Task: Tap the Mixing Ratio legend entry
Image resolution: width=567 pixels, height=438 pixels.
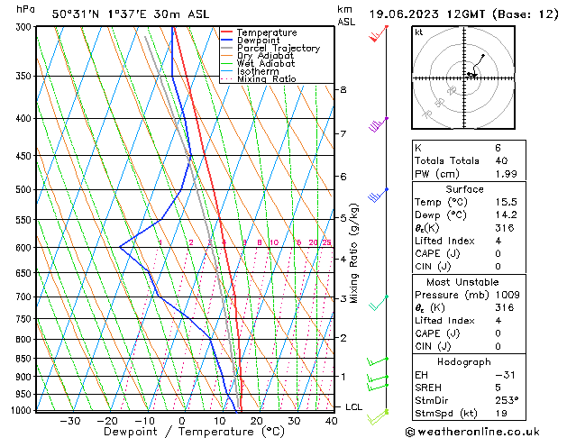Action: [x=269, y=79]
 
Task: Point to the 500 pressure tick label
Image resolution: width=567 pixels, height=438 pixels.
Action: [x=23, y=190]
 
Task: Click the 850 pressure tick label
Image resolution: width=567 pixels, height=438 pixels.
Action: [x=23, y=359]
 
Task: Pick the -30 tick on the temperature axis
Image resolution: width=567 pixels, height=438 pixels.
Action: [x=70, y=421]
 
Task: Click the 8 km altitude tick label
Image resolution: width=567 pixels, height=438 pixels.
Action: [x=343, y=90]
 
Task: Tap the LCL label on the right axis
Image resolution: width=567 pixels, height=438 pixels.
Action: [x=354, y=407]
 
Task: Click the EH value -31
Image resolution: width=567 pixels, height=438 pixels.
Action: [x=479, y=374]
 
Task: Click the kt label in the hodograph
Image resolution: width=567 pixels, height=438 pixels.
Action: [x=418, y=32]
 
